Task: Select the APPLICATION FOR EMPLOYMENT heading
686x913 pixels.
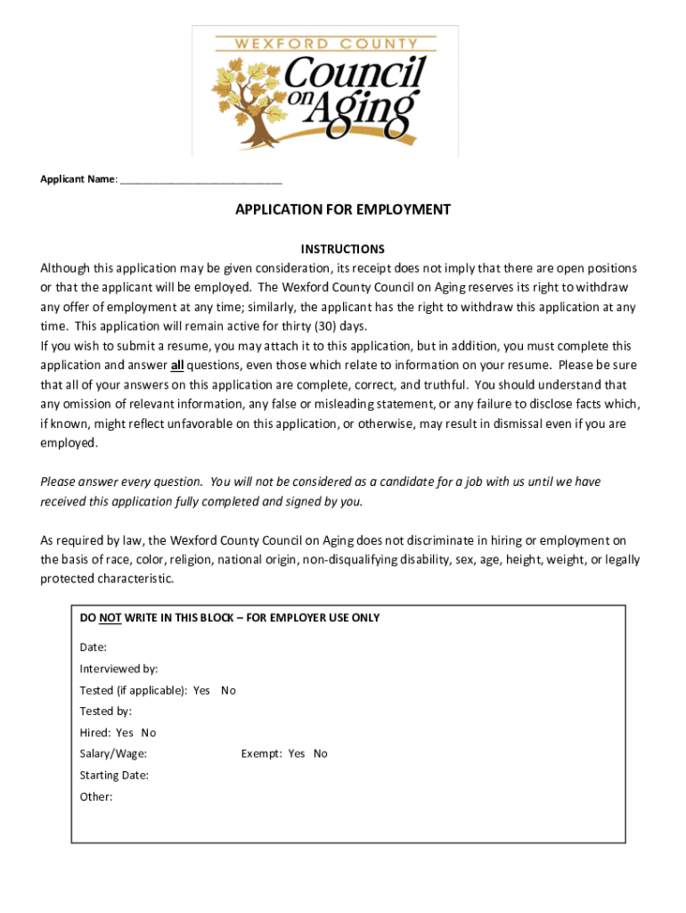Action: tap(343, 210)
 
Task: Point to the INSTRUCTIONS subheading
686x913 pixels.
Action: tap(343, 249)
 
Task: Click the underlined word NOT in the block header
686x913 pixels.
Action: tap(110, 618)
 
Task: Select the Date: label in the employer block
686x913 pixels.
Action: tap(94, 646)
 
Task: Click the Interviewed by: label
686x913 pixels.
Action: tap(118, 669)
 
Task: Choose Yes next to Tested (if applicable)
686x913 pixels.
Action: tap(201, 690)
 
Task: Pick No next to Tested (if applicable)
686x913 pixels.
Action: tap(229, 690)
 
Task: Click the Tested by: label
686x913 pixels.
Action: tap(106, 711)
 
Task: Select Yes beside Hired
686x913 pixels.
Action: tap(125, 733)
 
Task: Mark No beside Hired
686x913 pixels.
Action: tap(149, 733)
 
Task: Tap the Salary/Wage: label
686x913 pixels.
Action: tap(113, 754)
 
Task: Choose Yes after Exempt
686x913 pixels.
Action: tap(297, 754)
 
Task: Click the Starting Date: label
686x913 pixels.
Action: tap(114, 776)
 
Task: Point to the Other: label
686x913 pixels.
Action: tap(96, 797)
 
